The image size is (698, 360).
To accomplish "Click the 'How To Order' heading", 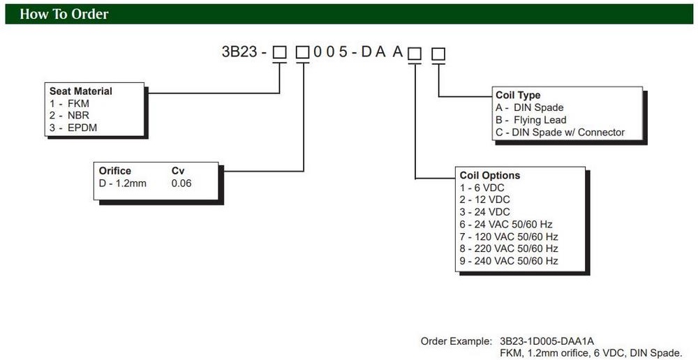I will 64,14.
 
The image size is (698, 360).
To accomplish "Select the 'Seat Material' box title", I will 80,91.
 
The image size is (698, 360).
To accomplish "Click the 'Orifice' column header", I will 115,171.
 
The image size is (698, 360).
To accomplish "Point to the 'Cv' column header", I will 178,171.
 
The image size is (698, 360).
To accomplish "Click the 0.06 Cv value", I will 181,183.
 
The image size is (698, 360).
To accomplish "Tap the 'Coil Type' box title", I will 518,95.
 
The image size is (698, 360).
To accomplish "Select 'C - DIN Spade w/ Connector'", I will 560,132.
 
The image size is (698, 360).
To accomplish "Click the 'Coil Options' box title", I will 490,175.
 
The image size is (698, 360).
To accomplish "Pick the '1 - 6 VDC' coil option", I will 480,188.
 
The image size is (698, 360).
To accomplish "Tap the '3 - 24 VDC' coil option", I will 484,212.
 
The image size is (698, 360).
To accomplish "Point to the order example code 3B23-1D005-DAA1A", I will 546,341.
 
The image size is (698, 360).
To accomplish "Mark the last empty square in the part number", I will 438,54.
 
